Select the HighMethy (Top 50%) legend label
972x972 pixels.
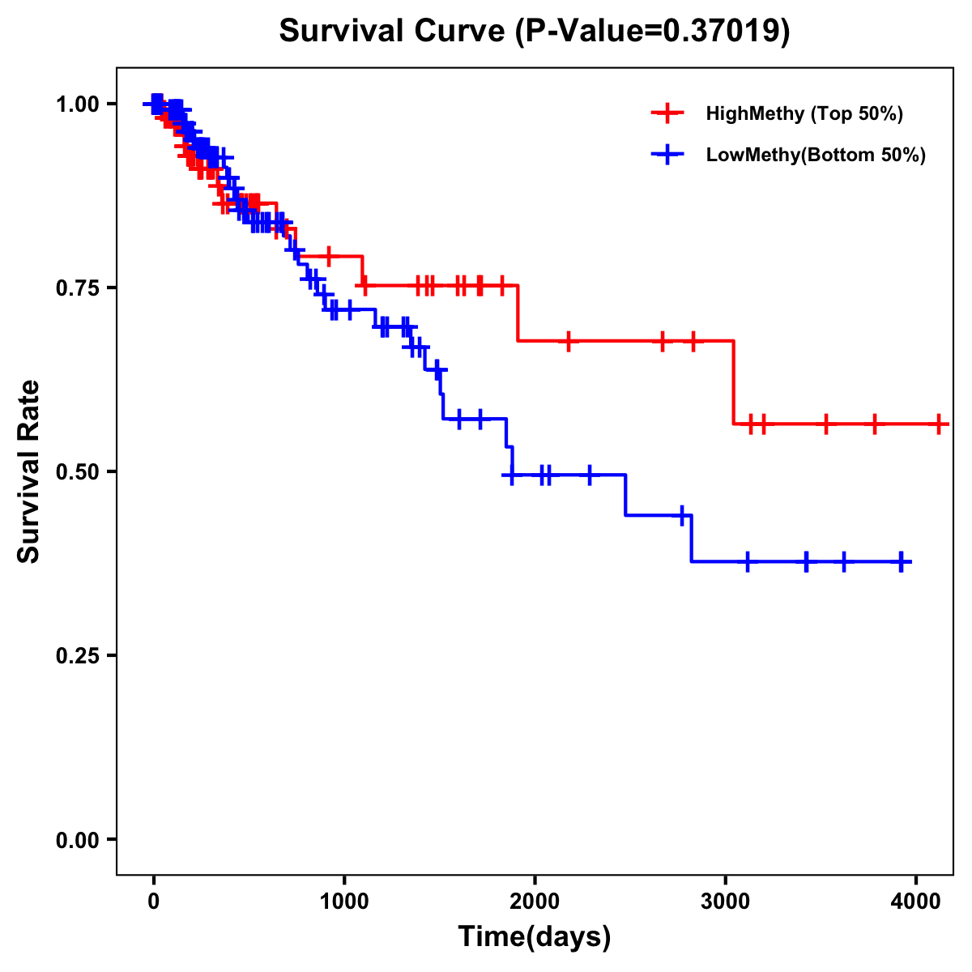(804, 113)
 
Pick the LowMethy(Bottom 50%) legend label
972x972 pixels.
(816, 155)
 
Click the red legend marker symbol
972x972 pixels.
(667, 113)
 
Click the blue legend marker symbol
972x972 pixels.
(667, 155)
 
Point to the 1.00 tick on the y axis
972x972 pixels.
(77, 104)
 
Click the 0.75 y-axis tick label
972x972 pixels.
(77, 288)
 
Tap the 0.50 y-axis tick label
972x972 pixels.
(77, 471)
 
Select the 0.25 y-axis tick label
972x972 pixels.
(77, 655)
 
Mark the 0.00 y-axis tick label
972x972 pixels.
(77, 839)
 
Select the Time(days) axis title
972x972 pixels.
(535, 937)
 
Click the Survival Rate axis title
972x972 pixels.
(29, 471)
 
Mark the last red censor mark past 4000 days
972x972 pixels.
(939, 424)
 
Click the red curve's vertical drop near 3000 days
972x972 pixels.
(734, 382)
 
